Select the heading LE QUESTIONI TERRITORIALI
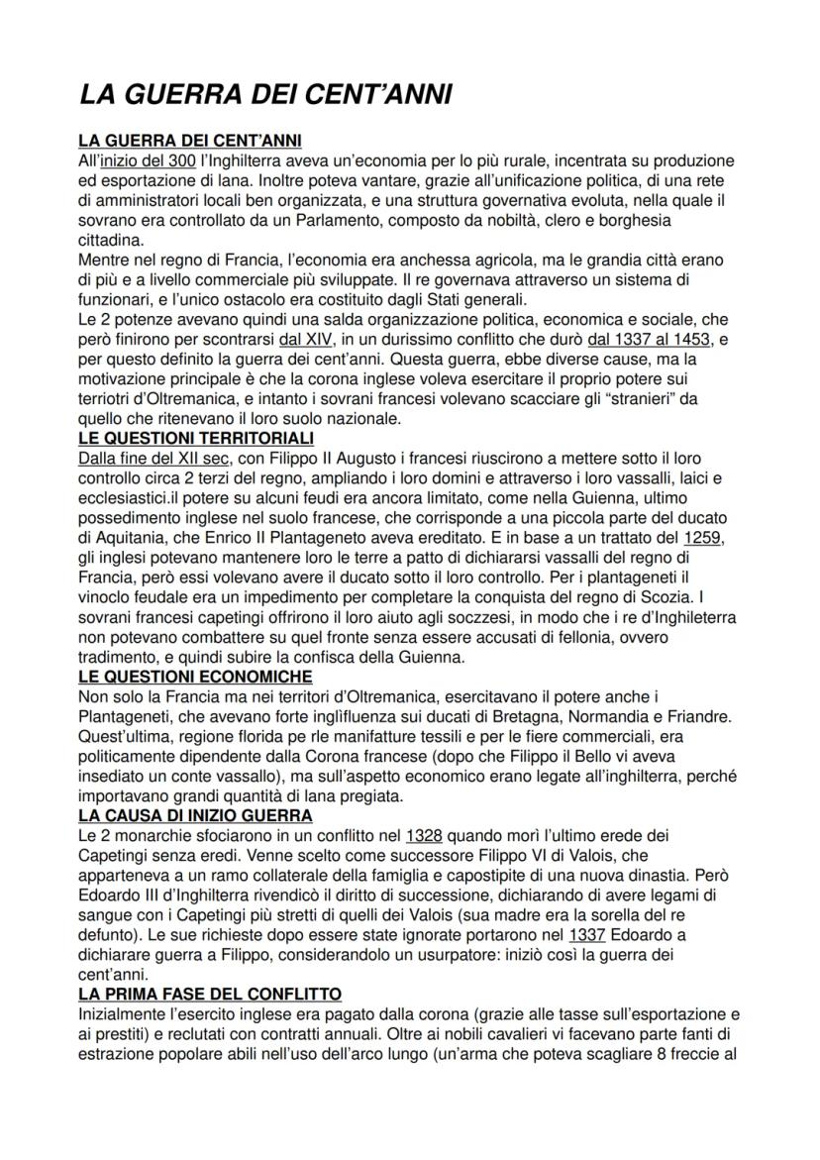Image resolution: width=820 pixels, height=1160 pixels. tap(195, 437)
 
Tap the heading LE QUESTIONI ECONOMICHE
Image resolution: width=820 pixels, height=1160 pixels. tap(194, 677)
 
